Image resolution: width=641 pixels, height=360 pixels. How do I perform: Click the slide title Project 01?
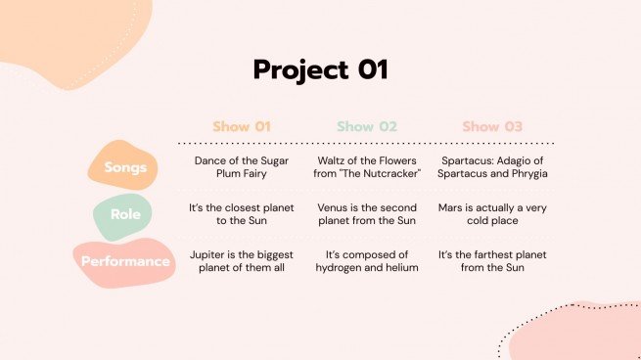tap(320, 70)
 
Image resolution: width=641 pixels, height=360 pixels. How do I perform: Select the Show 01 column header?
tap(242, 126)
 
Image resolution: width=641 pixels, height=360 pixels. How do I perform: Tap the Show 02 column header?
tap(367, 126)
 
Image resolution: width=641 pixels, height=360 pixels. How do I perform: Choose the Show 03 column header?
tap(492, 126)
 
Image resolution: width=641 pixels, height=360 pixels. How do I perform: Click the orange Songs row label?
tap(126, 166)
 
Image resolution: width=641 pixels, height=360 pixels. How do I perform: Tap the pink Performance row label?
tap(124, 261)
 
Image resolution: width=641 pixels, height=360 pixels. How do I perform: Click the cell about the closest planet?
tap(242, 214)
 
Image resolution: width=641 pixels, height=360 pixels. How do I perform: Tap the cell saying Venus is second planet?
tap(368, 214)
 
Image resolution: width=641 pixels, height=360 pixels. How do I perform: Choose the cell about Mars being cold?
tap(493, 214)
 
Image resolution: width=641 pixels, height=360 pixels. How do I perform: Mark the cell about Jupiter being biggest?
tap(242, 260)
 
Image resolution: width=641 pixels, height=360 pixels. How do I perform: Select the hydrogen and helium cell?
tap(368, 260)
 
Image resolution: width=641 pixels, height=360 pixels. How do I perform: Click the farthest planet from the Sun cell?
tap(493, 260)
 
